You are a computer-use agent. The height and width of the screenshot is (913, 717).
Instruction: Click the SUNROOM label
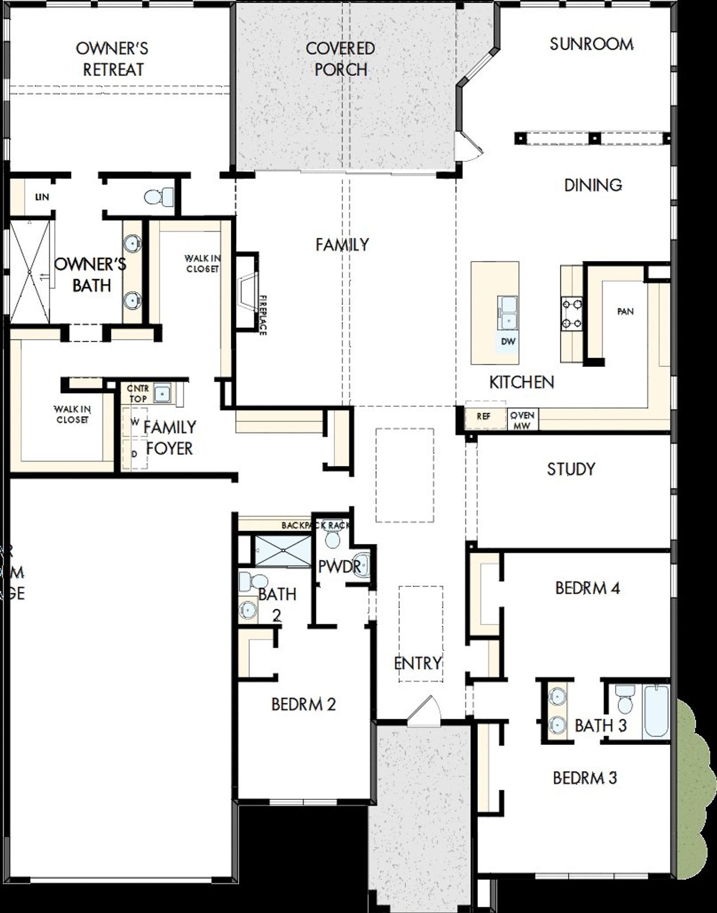coord(592,44)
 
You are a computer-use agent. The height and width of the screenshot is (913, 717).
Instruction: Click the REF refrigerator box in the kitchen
coord(484,416)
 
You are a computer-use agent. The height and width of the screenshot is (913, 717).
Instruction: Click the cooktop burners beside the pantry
coord(571,313)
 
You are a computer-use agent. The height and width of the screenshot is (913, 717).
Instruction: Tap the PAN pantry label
coord(625,311)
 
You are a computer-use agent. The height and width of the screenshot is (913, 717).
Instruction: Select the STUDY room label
coord(571,469)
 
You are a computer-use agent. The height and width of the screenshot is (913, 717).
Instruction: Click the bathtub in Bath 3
coord(656,711)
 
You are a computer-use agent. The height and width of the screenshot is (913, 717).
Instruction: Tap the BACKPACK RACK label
coord(315,525)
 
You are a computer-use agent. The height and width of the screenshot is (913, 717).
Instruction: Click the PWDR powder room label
coord(339,567)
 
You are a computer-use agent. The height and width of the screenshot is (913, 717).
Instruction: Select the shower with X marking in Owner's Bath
coord(30,272)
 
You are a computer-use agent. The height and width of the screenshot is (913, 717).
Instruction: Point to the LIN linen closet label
coord(42,197)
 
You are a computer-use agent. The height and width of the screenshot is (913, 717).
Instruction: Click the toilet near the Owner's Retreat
coord(159,197)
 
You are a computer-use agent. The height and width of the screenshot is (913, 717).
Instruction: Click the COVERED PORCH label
coord(341,59)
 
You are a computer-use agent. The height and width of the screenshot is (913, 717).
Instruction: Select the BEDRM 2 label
coord(303,704)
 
